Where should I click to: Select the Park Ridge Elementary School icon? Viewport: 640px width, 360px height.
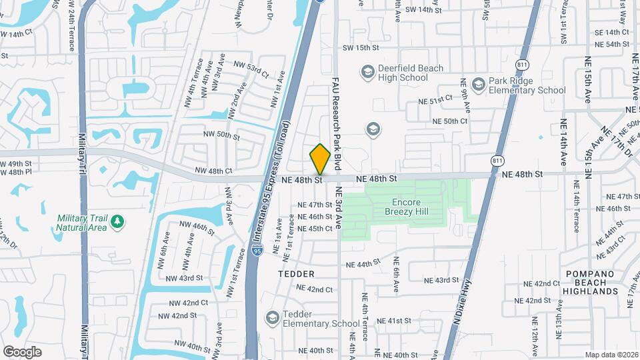(477, 85)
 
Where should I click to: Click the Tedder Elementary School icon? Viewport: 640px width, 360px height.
(271, 317)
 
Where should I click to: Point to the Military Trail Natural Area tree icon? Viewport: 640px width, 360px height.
(118, 221)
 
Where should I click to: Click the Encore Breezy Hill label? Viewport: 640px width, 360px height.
(406, 206)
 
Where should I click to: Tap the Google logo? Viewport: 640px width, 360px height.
(22, 352)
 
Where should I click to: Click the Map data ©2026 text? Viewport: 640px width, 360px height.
(611, 355)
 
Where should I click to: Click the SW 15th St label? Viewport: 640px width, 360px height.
(361, 48)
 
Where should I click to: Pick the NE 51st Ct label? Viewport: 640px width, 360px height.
(431, 101)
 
